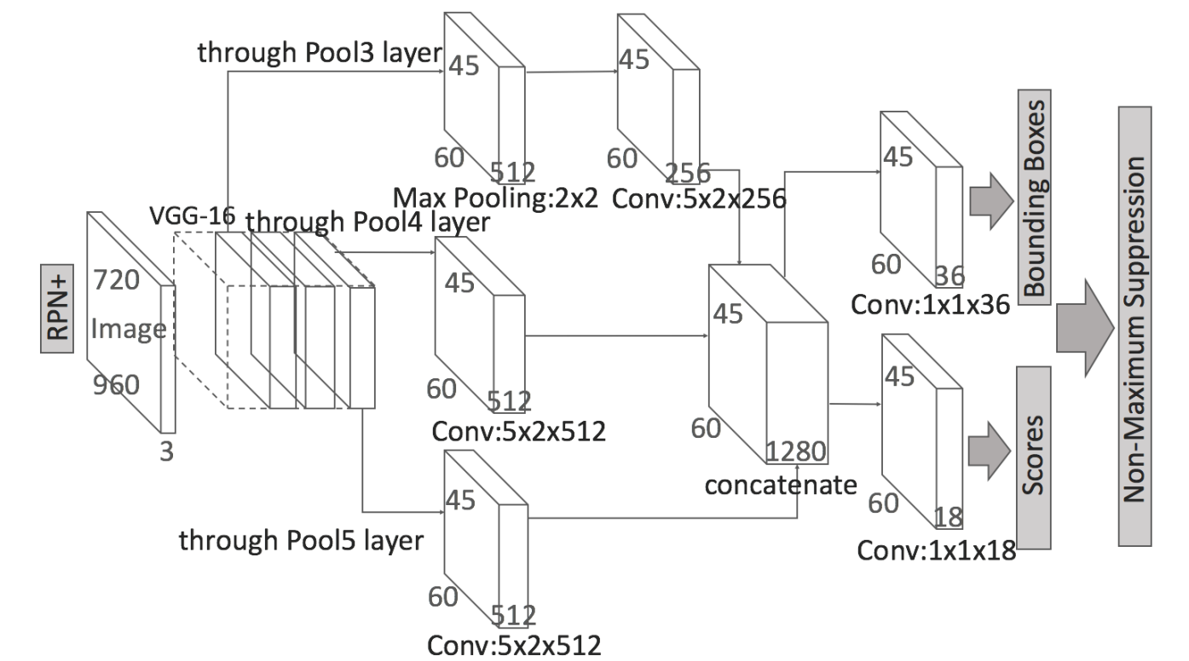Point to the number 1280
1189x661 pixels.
point(794,451)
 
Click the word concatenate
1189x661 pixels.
point(780,486)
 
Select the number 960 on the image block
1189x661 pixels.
point(115,386)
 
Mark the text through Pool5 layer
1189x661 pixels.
point(301,540)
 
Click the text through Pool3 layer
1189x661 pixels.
point(320,53)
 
